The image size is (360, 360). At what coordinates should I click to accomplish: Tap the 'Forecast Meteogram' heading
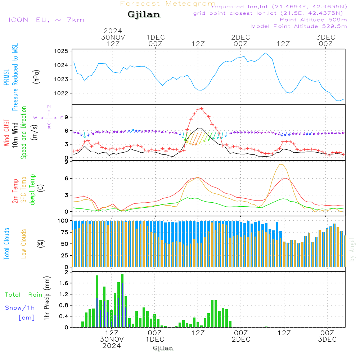[x=168, y=4]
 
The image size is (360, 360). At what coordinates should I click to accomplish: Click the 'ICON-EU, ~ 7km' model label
[x=46, y=20]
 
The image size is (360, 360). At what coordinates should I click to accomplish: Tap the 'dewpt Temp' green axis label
[x=32, y=190]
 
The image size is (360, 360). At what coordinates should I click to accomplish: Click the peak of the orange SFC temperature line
[x=281, y=164]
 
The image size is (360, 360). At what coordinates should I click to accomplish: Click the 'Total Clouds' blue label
[x=6, y=244]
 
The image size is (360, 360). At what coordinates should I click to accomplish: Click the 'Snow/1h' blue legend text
[x=20, y=308]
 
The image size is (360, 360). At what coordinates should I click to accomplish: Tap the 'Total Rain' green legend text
[x=23, y=295]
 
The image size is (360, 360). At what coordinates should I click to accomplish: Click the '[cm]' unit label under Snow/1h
[x=27, y=318]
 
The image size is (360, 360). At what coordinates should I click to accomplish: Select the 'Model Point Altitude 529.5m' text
[x=299, y=26]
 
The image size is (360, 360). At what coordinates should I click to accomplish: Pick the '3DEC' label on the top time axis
[x=326, y=37]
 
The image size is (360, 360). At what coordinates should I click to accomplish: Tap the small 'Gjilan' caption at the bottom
[x=163, y=348]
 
